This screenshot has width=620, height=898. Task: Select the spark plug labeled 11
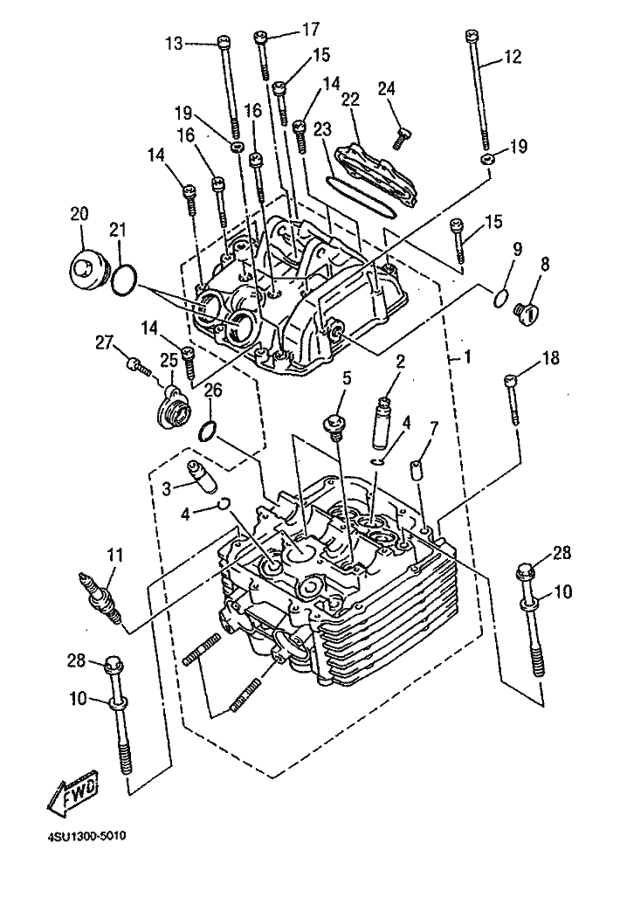click(101, 598)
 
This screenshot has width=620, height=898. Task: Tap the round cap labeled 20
click(87, 266)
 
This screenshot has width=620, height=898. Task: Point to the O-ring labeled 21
click(124, 280)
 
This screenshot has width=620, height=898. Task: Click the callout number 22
click(350, 99)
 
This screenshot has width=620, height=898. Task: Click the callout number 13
click(176, 43)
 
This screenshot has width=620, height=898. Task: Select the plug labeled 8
click(527, 314)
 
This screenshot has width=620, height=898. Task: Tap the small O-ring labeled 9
click(500, 298)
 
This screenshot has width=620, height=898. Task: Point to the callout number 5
click(347, 378)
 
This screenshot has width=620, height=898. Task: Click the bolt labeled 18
click(513, 400)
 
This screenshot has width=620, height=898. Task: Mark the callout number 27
click(105, 342)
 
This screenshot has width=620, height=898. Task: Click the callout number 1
click(467, 357)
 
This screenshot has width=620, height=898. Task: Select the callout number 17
click(311, 29)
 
